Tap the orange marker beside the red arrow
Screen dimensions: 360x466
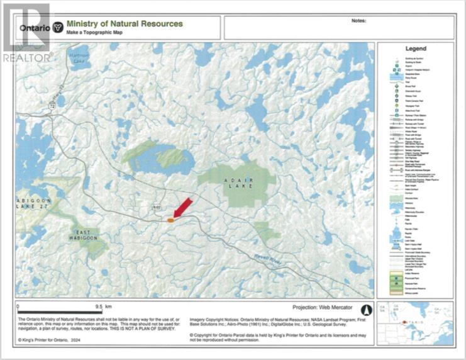coord(170,220)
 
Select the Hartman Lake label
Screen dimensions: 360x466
coord(78,57)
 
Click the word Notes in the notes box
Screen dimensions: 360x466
coord(357,20)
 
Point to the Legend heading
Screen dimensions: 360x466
coord(416,48)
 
